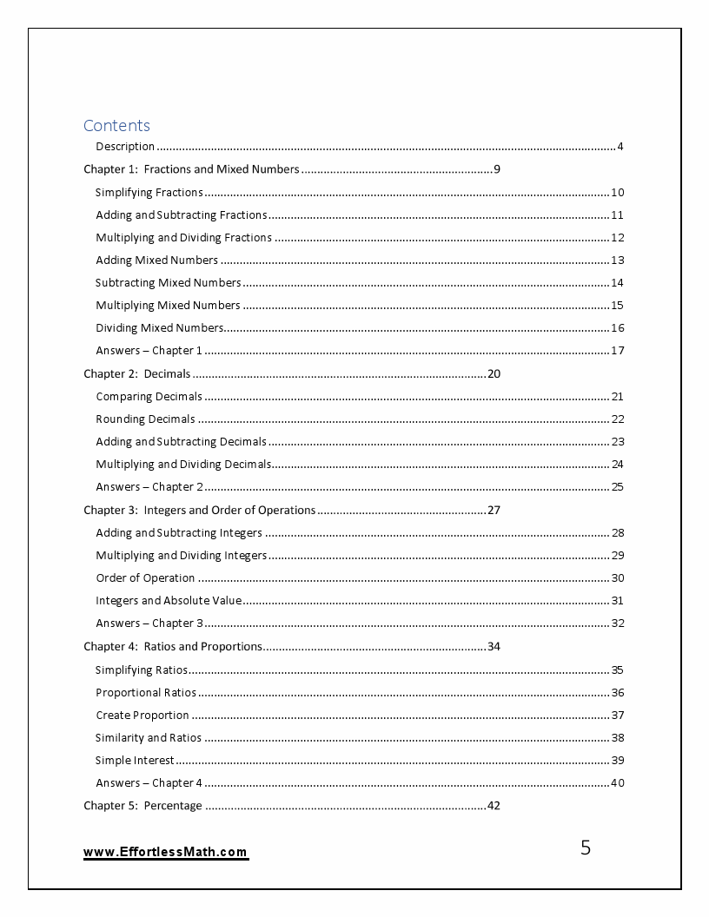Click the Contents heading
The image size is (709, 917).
pyautogui.click(x=116, y=125)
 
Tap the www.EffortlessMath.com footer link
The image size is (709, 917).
pyautogui.click(x=165, y=853)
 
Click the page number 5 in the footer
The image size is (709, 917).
pyautogui.click(x=585, y=848)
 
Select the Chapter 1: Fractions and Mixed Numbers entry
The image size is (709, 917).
pyautogui.click(x=191, y=169)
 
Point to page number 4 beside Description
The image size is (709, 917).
pyautogui.click(x=620, y=147)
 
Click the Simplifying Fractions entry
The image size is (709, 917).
pyautogui.click(x=149, y=193)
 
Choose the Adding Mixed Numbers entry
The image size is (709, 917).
pyautogui.click(x=156, y=260)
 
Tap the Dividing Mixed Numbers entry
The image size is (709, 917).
pyautogui.click(x=159, y=327)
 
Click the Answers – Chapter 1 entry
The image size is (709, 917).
pyautogui.click(x=149, y=351)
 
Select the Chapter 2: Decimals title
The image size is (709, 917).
pyautogui.click(x=136, y=374)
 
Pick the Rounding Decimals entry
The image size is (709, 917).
pyautogui.click(x=145, y=419)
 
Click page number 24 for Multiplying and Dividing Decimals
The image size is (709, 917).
pyautogui.click(x=617, y=465)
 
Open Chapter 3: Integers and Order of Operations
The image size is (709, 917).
pyautogui.click(x=199, y=510)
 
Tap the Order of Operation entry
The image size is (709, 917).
pyautogui.click(x=145, y=578)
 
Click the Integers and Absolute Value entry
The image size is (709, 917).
pyautogui.click(x=169, y=601)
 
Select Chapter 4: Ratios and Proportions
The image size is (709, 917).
pyautogui.click(x=172, y=646)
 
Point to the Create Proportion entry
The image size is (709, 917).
pyautogui.click(x=142, y=716)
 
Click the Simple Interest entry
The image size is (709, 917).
pyautogui.click(x=135, y=761)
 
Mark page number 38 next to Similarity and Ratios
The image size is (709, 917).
pyautogui.click(x=617, y=738)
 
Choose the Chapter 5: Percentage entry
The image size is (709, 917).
pyautogui.click(x=142, y=806)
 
